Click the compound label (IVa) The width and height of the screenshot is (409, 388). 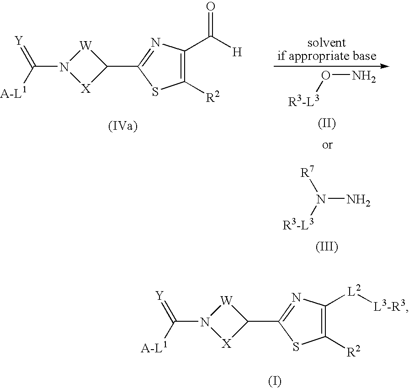(122, 127)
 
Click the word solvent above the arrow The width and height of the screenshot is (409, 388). (327, 43)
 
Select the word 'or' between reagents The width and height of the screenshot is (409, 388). (327, 145)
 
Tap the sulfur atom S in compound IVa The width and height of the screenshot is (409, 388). (156, 92)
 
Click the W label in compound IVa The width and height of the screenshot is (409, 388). (86, 46)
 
